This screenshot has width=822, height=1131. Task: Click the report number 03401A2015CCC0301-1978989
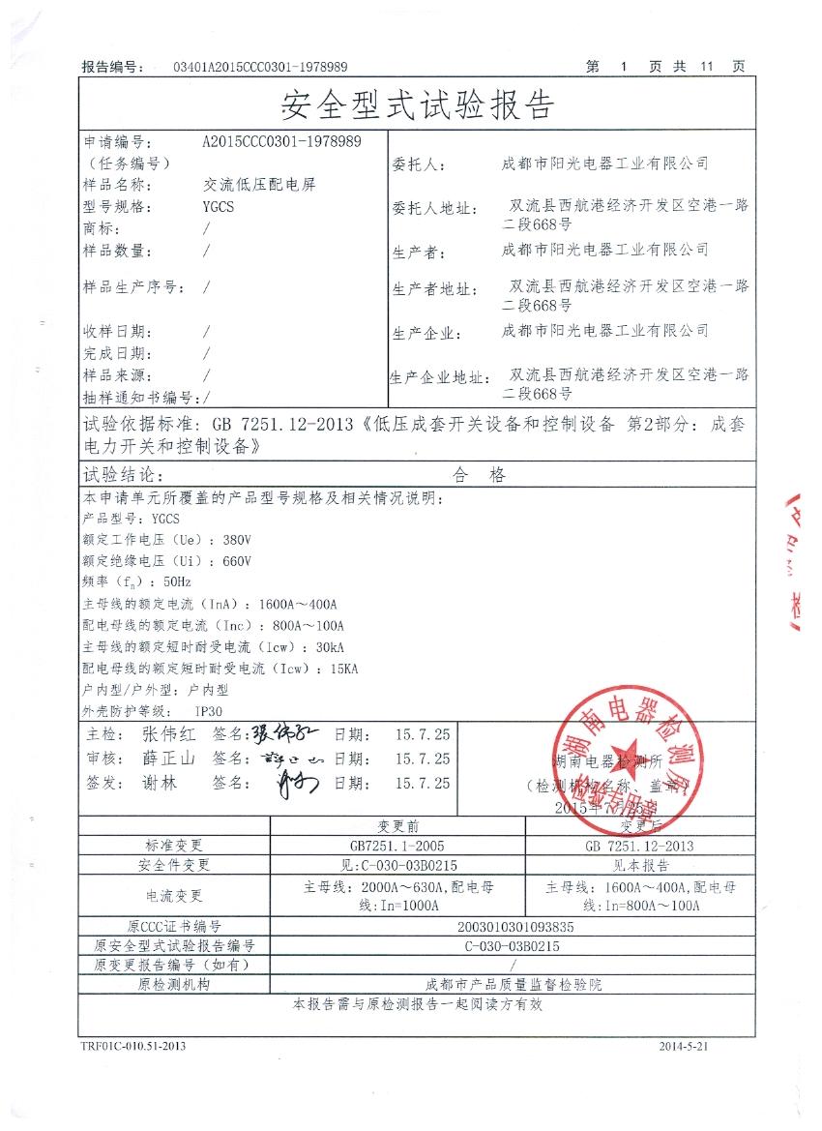click(259, 67)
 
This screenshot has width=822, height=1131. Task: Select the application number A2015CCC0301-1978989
click(282, 141)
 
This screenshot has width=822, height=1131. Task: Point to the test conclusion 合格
click(478, 475)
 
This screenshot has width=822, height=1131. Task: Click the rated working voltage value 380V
click(236, 539)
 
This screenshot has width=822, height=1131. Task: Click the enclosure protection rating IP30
click(210, 711)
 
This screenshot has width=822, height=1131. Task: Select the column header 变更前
click(396, 825)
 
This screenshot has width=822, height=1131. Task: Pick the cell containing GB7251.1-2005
click(397, 846)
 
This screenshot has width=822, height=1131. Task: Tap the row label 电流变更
click(174, 896)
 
